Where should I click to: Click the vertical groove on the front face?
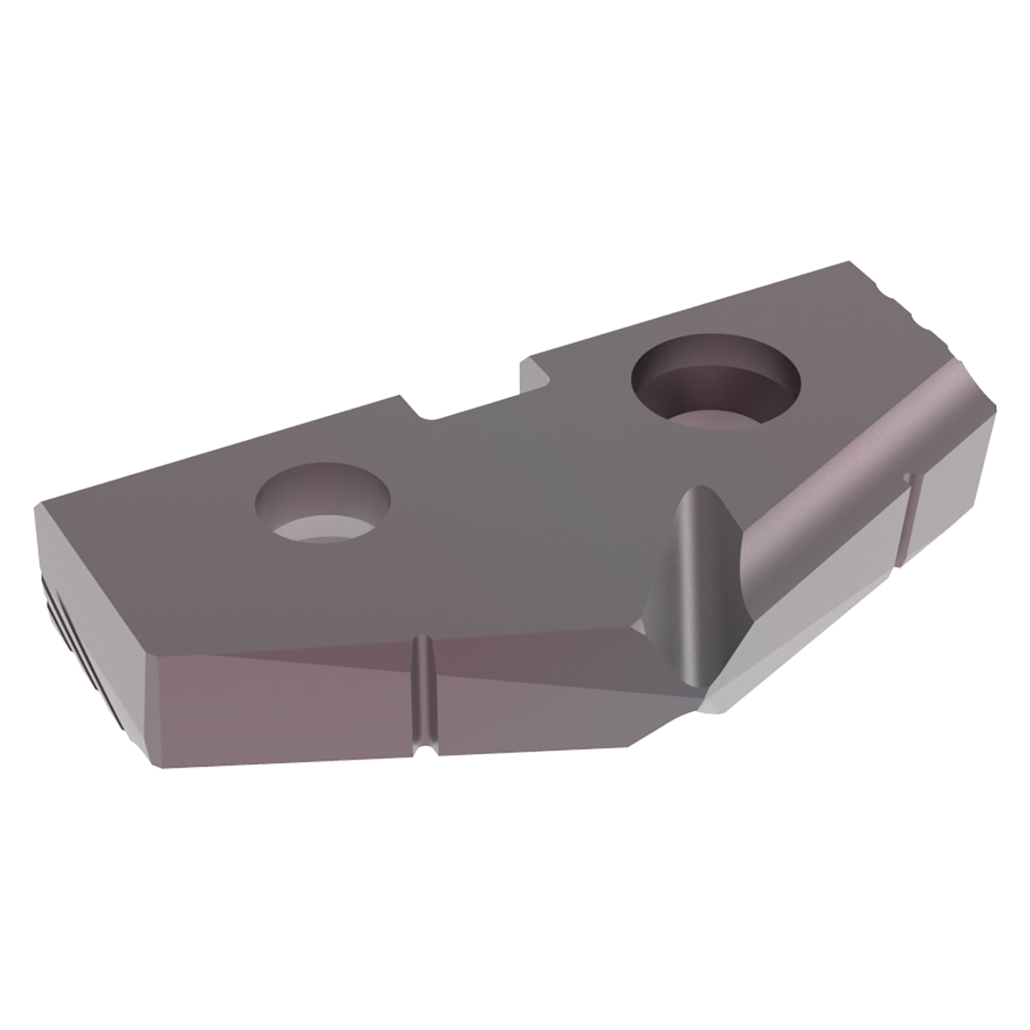(421, 693)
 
